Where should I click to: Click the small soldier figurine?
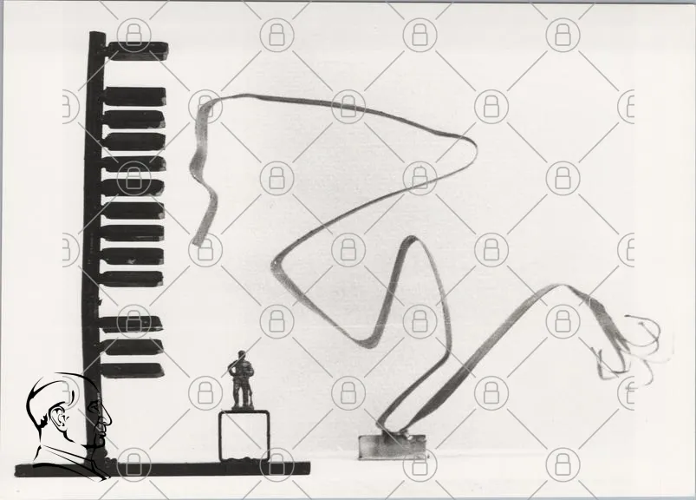241,381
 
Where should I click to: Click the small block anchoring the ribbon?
393,445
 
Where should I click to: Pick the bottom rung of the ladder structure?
133,370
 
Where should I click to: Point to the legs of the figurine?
241,396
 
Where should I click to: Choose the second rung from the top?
134,95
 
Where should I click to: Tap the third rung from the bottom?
133,324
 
